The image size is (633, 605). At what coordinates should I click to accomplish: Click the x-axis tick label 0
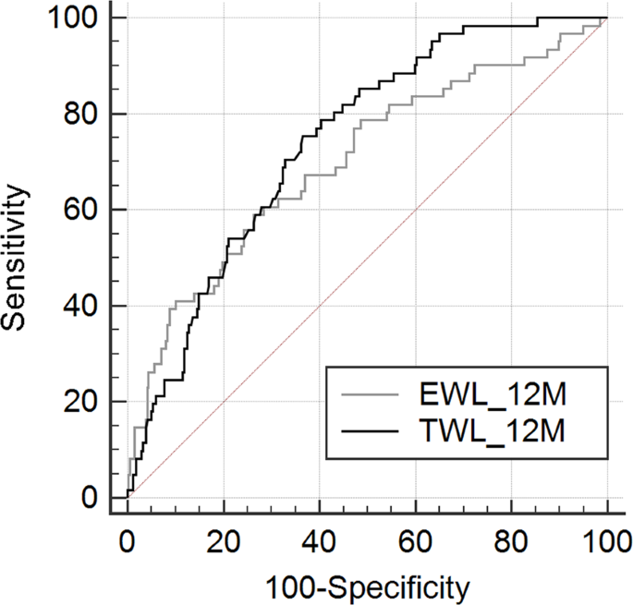coord(128,538)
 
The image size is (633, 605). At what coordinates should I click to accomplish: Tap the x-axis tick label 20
coord(224,538)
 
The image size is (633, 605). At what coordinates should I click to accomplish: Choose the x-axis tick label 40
coord(320,538)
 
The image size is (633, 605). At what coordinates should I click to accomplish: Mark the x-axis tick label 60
coord(416,538)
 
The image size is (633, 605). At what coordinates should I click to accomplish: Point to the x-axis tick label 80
coord(512,538)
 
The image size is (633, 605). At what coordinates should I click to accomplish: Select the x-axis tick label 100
coord(606,538)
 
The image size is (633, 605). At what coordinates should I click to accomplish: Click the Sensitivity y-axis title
coord(17,257)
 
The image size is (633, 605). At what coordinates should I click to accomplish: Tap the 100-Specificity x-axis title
coord(368,586)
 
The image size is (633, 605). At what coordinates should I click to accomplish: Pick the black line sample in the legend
coord(370,430)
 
